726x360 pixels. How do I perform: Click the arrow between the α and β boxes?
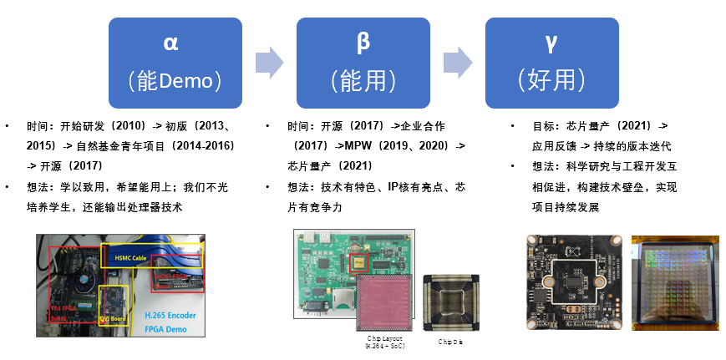(x=269, y=61)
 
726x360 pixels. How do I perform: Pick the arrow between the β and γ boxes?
(x=458, y=61)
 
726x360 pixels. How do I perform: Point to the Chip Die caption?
(x=451, y=342)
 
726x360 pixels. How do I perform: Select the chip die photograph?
(x=451, y=301)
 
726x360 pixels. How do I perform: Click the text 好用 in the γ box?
(x=551, y=80)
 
